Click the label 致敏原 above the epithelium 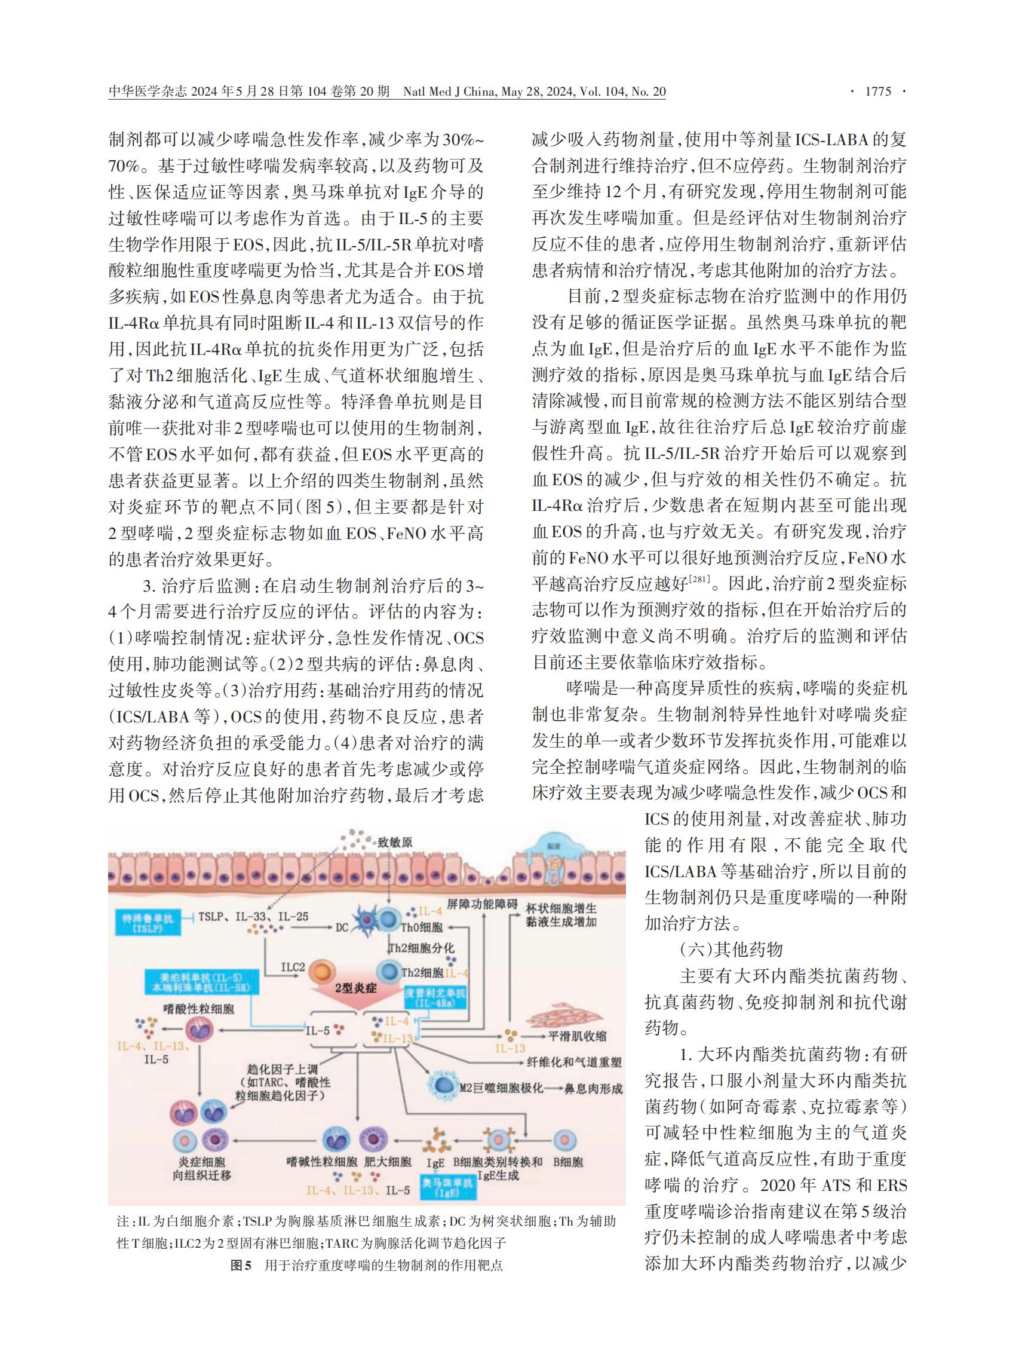tap(395, 842)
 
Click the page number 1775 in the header tap(877, 91)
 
